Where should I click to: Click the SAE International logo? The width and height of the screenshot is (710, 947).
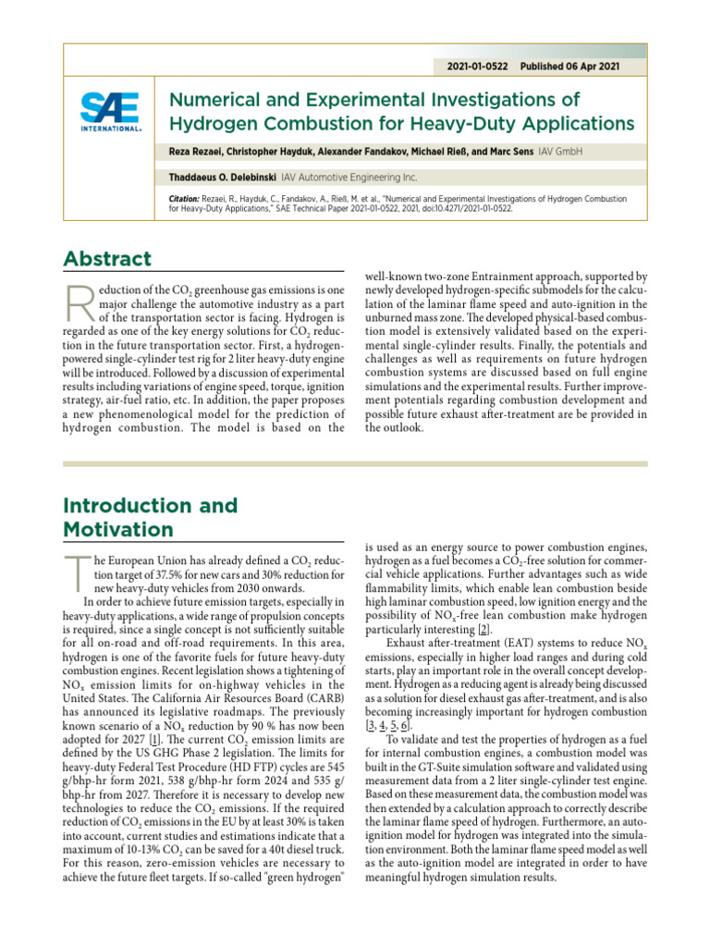[110, 113]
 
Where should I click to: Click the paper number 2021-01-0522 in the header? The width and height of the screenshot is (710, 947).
[477, 67]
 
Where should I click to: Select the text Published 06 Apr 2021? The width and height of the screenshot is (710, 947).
[570, 67]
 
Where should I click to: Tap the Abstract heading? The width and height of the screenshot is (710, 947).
[107, 259]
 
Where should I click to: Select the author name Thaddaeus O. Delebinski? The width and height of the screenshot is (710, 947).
[226, 176]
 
